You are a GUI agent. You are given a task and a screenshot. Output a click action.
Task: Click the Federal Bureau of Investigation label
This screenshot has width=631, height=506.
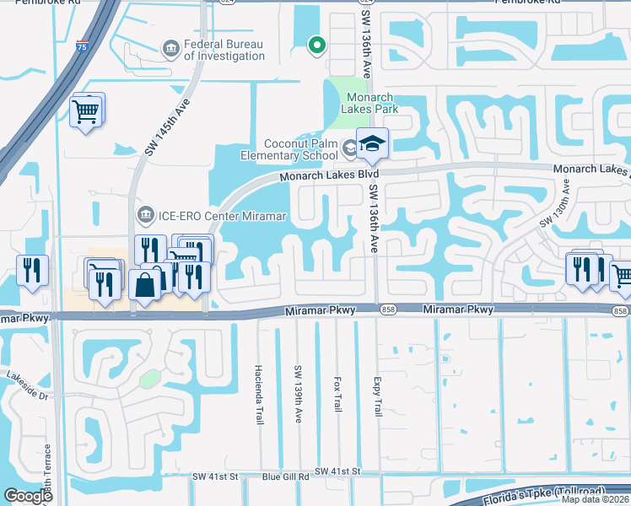tap(224, 50)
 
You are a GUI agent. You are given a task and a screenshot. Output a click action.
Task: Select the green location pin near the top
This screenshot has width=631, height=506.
tap(317, 45)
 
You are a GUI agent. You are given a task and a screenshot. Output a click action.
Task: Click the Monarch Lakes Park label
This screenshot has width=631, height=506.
tap(369, 103)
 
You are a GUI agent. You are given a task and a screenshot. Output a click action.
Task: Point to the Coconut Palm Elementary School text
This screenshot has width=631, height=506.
tap(300, 149)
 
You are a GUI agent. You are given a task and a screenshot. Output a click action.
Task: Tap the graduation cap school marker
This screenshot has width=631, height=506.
tap(371, 144)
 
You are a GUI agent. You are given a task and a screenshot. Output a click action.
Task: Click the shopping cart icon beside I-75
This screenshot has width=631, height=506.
tap(87, 110)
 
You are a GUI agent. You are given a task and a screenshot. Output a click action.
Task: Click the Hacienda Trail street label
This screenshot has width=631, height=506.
tap(259, 394)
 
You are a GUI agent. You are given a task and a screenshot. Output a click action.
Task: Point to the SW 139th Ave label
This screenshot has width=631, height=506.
tap(298, 394)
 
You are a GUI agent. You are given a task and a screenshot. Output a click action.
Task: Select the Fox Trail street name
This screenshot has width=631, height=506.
tap(337, 395)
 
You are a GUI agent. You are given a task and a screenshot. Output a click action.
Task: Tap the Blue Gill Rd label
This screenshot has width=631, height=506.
tap(286, 476)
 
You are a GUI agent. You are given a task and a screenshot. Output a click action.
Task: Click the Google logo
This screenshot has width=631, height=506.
tap(28, 496)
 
